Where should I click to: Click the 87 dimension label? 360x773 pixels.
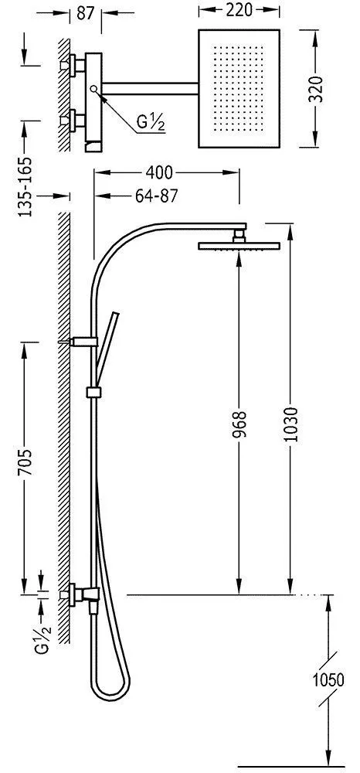85,13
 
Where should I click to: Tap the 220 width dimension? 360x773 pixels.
239,10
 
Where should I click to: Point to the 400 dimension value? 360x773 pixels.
159,172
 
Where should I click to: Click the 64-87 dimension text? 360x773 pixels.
155,196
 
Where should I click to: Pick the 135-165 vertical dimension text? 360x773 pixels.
25,187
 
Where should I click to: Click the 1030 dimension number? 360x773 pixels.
290,425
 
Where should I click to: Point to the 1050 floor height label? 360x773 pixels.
328,680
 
